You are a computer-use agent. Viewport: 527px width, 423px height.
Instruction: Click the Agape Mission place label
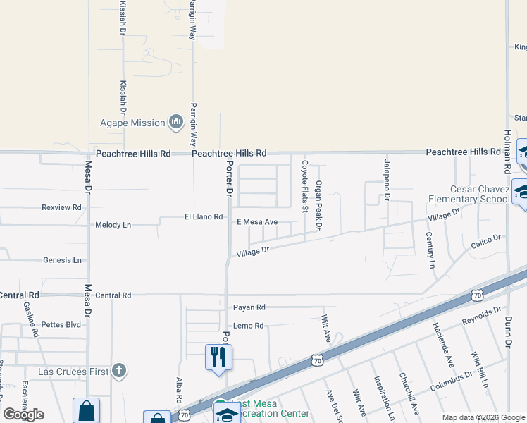pyautogui.click(x=132, y=123)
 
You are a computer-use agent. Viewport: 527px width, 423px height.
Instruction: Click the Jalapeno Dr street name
pyautogui.click(x=387, y=180)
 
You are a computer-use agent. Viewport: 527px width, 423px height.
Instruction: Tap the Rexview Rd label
pyautogui.click(x=62, y=207)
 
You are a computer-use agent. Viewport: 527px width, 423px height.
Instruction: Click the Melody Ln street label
pyautogui.click(x=113, y=225)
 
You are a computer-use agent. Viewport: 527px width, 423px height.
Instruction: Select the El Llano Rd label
pyautogui.click(x=204, y=216)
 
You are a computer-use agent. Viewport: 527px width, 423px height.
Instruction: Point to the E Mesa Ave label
pyautogui.click(x=256, y=222)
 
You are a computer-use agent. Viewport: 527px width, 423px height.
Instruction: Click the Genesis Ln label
pyautogui.click(x=62, y=260)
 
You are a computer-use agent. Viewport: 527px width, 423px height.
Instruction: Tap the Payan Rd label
pyautogui.click(x=249, y=307)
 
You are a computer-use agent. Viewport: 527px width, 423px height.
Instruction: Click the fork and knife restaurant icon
pyautogui.click(x=218, y=357)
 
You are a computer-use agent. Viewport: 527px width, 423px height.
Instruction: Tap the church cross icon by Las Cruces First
pyautogui.click(x=120, y=370)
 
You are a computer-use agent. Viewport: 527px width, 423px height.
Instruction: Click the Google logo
pyautogui.click(x=24, y=415)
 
